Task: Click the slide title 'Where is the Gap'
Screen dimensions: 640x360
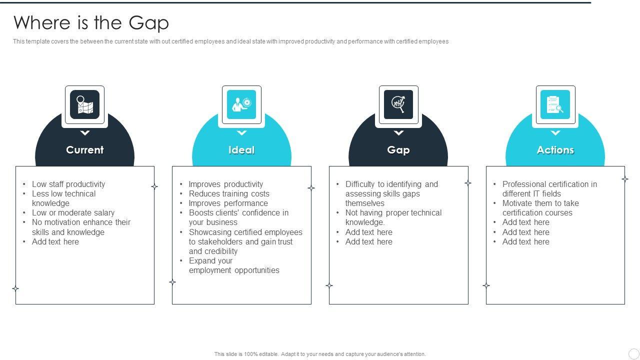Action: click(x=91, y=23)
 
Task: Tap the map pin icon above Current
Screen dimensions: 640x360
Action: click(x=84, y=104)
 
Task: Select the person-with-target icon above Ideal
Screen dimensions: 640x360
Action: click(x=241, y=104)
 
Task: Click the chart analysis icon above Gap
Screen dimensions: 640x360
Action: click(x=398, y=104)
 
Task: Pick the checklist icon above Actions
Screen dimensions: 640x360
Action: click(x=555, y=104)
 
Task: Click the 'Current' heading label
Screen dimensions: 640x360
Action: click(x=84, y=150)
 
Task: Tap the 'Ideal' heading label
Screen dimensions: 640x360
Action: click(x=241, y=150)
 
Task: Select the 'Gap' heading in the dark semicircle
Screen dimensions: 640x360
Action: click(x=398, y=150)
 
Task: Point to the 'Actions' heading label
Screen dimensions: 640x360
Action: click(x=555, y=150)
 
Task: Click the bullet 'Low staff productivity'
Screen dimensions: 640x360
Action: click(x=68, y=184)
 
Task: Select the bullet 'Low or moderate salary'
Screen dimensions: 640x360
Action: click(x=73, y=212)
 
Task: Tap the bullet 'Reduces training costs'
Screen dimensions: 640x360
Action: click(x=229, y=193)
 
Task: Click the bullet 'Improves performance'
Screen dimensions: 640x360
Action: click(x=228, y=203)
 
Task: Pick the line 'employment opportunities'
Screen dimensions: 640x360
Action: click(x=234, y=270)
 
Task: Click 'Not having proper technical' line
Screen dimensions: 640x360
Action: click(x=393, y=212)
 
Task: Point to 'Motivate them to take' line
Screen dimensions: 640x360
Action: click(x=540, y=203)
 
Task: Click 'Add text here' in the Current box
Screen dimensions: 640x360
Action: click(x=55, y=241)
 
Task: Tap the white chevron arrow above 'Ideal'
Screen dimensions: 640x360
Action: click(x=241, y=133)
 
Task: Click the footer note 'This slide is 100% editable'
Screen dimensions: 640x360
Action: click(x=320, y=354)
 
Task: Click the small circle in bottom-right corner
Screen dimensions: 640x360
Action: click(x=633, y=353)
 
